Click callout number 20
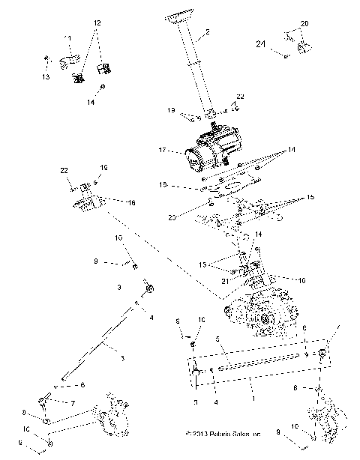(x=304, y=23)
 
